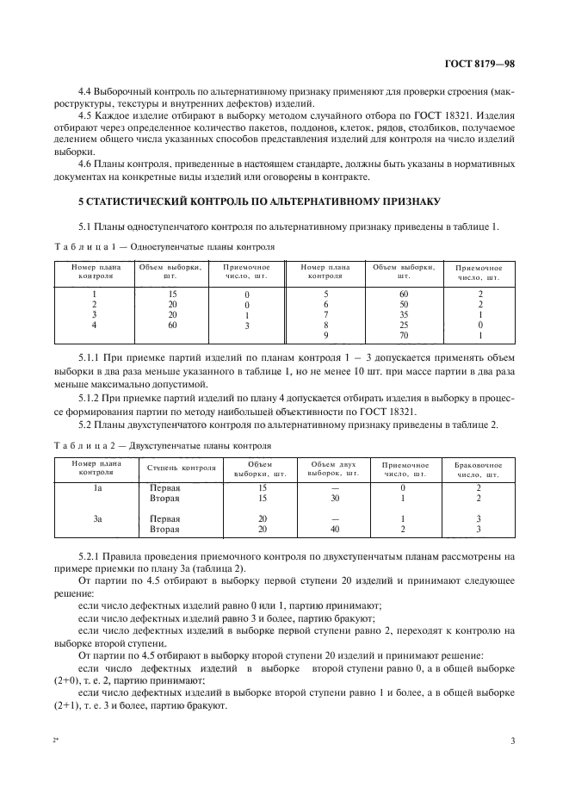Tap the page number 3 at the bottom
point(513,741)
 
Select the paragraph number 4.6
point(86,164)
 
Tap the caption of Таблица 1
point(164,245)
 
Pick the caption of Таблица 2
point(164,446)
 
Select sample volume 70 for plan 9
point(403,335)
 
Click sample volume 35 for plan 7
point(403,314)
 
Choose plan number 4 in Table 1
point(94,325)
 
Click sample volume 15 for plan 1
point(171,294)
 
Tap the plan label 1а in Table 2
point(97,488)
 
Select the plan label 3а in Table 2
point(97,519)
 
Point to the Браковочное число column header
point(478,469)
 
